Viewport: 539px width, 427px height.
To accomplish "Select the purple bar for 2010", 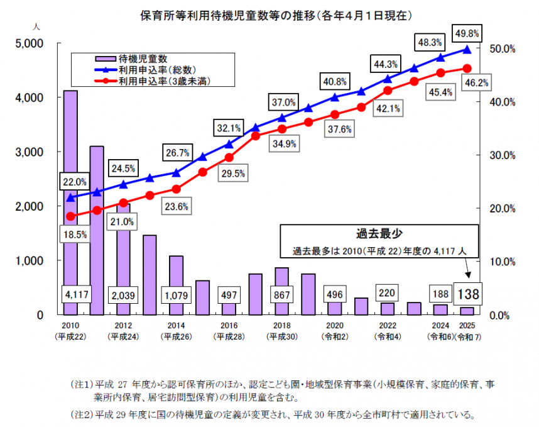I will pos(70,189).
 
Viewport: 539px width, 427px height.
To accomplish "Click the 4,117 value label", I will pos(70,294).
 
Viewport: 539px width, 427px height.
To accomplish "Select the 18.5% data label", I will pos(74,233).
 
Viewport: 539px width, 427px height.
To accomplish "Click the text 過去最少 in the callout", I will pos(379,235).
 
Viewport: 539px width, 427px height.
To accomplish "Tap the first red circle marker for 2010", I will pos(70,216).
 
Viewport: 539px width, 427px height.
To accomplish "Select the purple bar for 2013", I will pos(150,274).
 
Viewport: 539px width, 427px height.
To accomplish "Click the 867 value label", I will pos(281,294).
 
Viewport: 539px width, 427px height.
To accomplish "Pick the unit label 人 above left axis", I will pos(37,27).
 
